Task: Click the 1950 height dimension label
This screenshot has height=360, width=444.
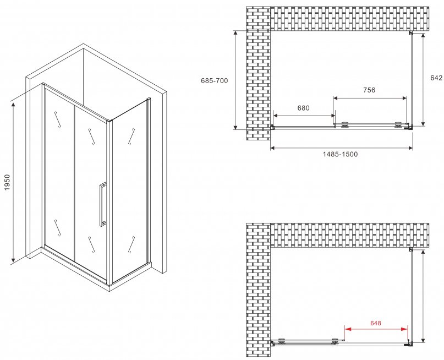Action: click(7, 182)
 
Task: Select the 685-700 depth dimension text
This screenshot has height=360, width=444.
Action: click(215, 81)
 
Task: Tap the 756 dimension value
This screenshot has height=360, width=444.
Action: click(369, 90)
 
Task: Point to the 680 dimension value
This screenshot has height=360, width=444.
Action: click(303, 108)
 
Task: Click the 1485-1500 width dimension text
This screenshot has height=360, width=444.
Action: click(340, 154)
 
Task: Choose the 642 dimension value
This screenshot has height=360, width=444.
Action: click(436, 78)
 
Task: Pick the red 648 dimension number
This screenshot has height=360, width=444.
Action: click(375, 323)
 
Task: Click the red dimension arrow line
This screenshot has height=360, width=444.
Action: click(376, 329)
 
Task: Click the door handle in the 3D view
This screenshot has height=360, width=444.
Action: click(103, 204)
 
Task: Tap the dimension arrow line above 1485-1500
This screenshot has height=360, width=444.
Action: click(342, 148)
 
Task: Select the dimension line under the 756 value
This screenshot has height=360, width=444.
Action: click(370, 99)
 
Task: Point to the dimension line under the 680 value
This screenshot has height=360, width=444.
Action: click(304, 116)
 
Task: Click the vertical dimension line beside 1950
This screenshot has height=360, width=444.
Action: click(13, 183)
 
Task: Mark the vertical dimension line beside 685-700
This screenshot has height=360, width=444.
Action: click(235, 80)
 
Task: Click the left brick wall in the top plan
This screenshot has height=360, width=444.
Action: click(258, 73)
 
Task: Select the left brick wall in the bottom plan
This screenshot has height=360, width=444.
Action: click(258, 290)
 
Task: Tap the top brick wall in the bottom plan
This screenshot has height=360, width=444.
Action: click(350, 235)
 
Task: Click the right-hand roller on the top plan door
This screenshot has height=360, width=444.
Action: click(398, 125)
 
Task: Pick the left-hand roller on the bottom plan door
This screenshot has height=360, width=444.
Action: click(282, 341)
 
